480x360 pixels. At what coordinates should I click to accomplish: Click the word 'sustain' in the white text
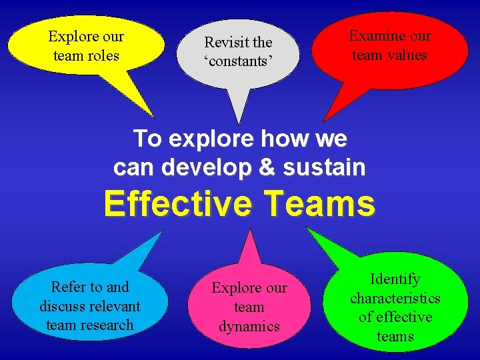click(x=331, y=167)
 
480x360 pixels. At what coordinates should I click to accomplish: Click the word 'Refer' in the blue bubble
click(x=69, y=287)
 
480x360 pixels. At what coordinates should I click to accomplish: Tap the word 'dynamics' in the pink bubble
click(x=249, y=326)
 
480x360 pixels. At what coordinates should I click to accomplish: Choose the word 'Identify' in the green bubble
click(x=395, y=279)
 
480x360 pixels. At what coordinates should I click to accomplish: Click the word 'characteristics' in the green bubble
click(x=395, y=298)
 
